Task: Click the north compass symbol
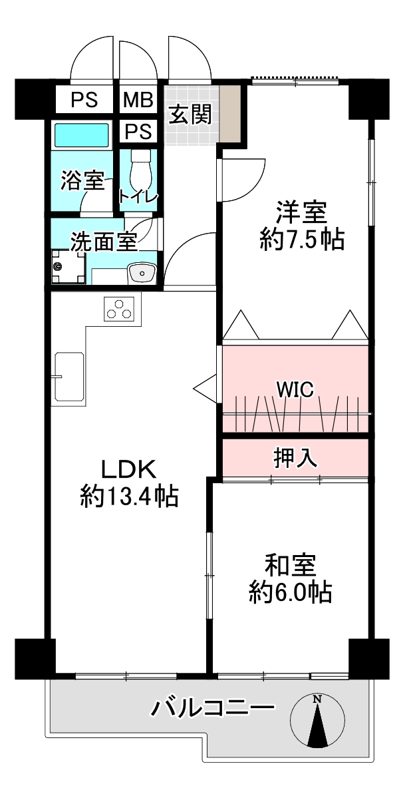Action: tap(317, 721)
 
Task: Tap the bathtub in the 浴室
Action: tap(82, 135)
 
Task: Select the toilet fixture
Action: tap(140, 172)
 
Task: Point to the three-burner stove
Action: tap(119, 309)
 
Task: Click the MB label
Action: tap(138, 100)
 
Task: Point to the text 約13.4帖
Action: tap(129, 497)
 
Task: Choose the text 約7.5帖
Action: tap(301, 238)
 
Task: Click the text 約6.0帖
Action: tap(291, 592)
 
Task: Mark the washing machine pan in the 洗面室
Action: tap(68, 267)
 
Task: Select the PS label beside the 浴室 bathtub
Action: tap(138, 132)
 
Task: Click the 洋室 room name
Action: tap(301, 213)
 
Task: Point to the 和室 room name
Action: tap(291, 566)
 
